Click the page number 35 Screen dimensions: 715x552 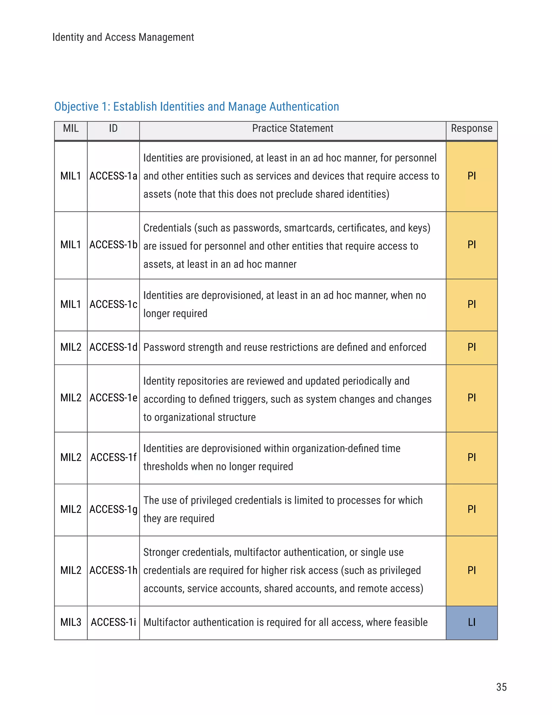point(501,687)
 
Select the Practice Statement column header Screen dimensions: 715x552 point(292,128)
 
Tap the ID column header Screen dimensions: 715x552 point(113,128)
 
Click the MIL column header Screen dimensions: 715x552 point(71,128)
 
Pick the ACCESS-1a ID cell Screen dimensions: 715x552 point(113,176)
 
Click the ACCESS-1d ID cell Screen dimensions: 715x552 point(113,347)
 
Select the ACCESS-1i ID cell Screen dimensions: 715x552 point(113,622)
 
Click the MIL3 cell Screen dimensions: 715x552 point(71,622)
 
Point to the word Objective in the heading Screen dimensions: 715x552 point(76,107)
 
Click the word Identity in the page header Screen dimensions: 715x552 point(68,37)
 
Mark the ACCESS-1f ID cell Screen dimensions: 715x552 point(113,457)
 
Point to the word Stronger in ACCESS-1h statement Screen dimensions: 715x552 point(161,552)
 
